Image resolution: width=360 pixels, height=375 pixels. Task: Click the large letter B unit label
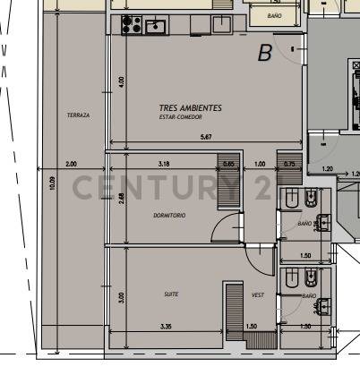click(x=264, y=54)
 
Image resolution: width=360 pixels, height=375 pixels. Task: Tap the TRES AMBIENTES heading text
click(x=190, y=108)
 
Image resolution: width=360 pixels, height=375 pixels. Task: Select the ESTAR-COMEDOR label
click(x=181, y=117)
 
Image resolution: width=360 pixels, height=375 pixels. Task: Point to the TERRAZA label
click(x=78, y=115)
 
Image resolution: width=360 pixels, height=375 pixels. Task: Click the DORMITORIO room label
click(x=169, y=216)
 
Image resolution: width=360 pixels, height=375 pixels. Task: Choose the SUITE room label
click(x=170, y=294)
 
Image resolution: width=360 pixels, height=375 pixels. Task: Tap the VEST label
click(x=257, y=294)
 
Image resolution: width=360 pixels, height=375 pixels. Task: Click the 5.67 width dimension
click(x=206, y=137)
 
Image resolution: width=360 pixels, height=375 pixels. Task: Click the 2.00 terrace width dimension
click(x=72, y=164)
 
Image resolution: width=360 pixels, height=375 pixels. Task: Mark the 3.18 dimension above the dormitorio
click(x=164, y=164)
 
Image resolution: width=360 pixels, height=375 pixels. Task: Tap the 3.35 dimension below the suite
click(x=166, y=327)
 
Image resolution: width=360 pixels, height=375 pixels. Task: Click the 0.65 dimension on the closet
click(x=228, y=164)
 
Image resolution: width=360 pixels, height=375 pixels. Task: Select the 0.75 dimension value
click(x=288, y=164)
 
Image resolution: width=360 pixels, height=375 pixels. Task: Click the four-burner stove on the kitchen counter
click(x=131, y=24)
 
